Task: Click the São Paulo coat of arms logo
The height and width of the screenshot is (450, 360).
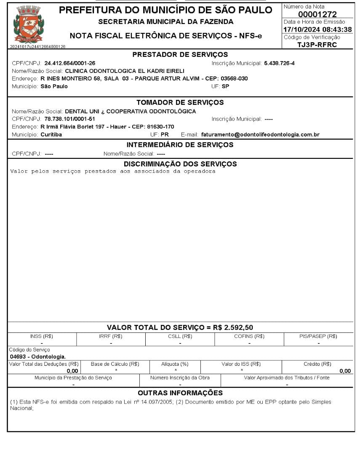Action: tap(29, 25)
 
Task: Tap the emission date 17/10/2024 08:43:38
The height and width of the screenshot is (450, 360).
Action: tap(317, 29)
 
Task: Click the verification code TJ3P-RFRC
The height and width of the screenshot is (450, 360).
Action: tap(317, 45)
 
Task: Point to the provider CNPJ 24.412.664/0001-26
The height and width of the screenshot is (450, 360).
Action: tap(70, 63)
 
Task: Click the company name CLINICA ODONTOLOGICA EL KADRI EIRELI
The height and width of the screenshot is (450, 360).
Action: tap(125, 71)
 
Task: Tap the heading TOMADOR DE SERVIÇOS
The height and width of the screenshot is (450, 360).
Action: tap(180, 102)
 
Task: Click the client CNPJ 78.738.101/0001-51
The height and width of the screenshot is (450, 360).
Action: tap(70, 119)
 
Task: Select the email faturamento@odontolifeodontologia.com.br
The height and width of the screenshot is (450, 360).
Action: tap(260, 135)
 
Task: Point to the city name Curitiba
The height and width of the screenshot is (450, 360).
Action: tap(51, 135)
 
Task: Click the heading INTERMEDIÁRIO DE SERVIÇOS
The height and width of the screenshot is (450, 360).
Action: tap(180, 145)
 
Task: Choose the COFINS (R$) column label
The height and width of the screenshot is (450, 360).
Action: tap(249, 336)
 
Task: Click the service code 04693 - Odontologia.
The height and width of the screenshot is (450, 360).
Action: tap(37, 356)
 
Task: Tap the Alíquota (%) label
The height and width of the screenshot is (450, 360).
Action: tap(175, 364)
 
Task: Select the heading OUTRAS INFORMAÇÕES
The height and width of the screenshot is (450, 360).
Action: tap(180, 393)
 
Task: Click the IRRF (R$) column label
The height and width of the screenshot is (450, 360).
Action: tap(111, 336)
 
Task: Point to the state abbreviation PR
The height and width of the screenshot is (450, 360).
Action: tap(165, 135)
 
